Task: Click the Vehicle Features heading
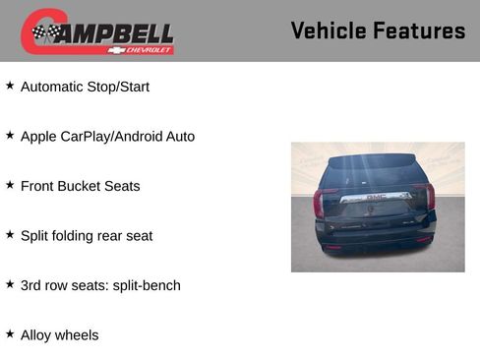tap(378, 30)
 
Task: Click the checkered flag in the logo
tap(44, 33)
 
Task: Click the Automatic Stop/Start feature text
tap(85, 87)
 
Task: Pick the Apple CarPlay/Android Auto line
tap(107, 136)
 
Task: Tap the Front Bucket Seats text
tap(80, 186)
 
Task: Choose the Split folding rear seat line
tap(87, 236)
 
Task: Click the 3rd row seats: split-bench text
tap(100, 285)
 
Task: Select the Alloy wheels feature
tap(59, 335)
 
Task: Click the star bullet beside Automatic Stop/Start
tap(10, 86)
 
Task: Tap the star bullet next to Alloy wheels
tap(10, 334)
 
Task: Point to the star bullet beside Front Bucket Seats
tap(10, 185)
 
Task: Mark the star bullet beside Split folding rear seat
tap(10, 235)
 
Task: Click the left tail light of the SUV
tap(319, 203)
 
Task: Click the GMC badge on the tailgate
tap(376, 197)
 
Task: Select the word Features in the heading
tap(419, 30)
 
